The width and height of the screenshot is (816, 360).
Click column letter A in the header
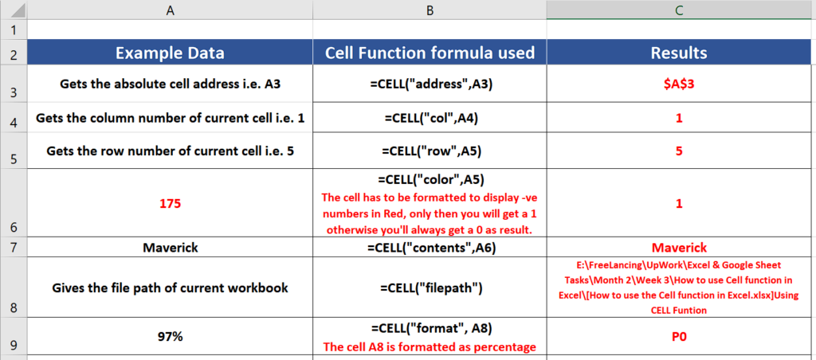[x=170, y=10]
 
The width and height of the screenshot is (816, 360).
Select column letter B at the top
[x=430, y=10]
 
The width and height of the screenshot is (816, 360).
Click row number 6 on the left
[x=14, y=227]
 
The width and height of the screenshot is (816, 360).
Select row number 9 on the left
[x=14, y=345]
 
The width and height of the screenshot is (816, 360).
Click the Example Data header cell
[x=170, y=53]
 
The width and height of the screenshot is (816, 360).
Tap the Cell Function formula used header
[x=430, y=53]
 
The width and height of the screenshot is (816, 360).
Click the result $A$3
[x=679, y=84]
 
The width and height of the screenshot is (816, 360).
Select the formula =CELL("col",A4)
[x=430, y=119]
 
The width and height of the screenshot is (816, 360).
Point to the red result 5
[x=679, y=151]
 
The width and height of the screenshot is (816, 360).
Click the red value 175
[x=171, y=203]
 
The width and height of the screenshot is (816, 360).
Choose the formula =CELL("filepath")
[x=430, y=288]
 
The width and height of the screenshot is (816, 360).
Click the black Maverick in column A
[x=171, y=248]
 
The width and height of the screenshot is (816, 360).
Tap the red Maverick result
[x=679, y=247]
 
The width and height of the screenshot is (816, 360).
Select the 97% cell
[x=171, y=337]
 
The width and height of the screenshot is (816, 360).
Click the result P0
[x=679, y=337]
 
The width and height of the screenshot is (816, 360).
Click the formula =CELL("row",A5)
[x=430, y=151]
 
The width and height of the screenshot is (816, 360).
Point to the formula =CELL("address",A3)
[x=430, y=84]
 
